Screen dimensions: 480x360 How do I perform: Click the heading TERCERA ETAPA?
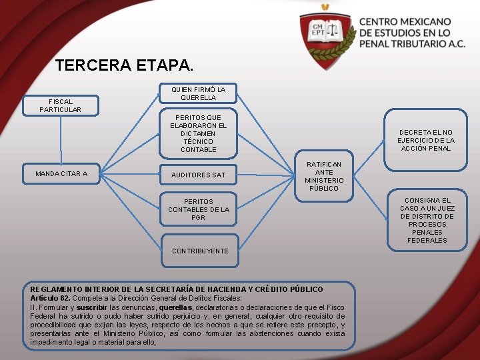click(x=125, y=65)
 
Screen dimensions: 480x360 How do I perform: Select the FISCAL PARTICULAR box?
click(x=60, y=105)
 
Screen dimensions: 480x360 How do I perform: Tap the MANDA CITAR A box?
click(x=61, y=174)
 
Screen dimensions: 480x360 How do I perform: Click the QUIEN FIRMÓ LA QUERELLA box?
click(x=198, y=93)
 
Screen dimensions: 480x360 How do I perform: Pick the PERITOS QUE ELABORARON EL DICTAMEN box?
click(x=198, y=133)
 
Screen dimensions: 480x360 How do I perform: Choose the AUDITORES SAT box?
click(x=198, y=175)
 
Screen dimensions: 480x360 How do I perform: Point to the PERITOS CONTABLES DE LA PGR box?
click(x=198, y=209)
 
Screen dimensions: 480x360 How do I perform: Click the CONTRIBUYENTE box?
click(x=199, y=251)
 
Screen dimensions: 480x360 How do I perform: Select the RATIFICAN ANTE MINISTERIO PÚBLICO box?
click(x=324, y=176)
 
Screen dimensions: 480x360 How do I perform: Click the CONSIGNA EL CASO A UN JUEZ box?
click(x=427, y=220)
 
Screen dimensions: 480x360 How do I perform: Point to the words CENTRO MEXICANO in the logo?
click(x=405, y=22)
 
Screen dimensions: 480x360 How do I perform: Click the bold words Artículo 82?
click(x=49, y=298)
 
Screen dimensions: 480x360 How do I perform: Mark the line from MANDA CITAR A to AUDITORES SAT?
click(x=131, y=174)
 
